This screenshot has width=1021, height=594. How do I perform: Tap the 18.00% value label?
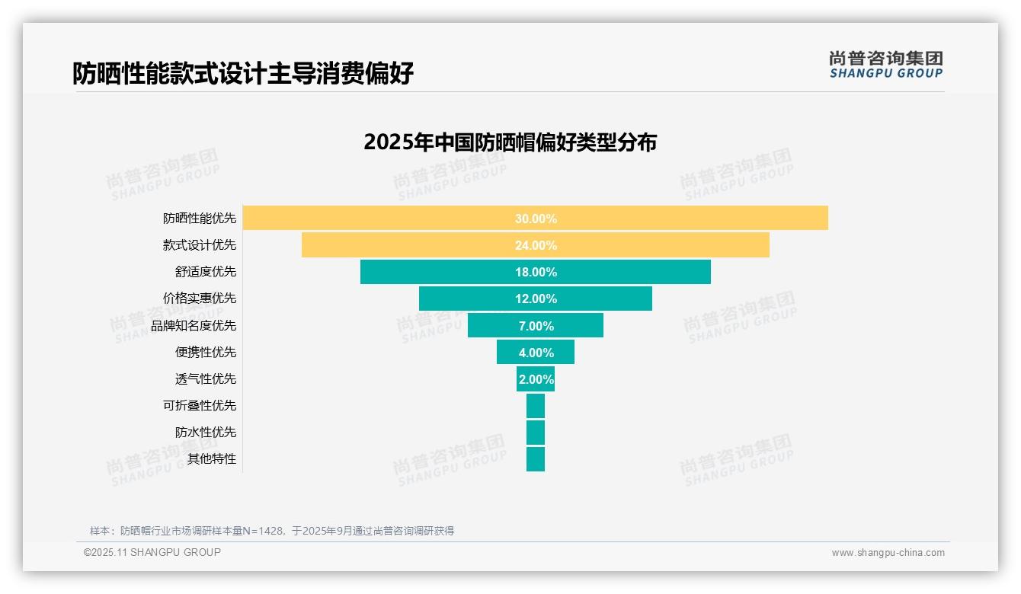[x=536, y=272]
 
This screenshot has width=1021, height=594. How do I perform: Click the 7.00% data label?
[x=536, y=326]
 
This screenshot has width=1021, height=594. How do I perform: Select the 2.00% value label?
[x=536, y=379]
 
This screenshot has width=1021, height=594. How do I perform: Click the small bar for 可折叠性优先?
[x=536, y=406]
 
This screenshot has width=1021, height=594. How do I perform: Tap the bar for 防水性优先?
[x=536, y=433]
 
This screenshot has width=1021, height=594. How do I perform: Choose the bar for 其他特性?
[x=536, y=459]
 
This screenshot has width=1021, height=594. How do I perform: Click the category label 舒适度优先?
[x=206, y=272]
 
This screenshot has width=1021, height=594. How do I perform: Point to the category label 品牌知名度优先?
[x=194, y=326]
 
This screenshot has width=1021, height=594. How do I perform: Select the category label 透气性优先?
[x=206, y=379]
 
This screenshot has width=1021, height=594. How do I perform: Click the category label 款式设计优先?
[x=200, y=245]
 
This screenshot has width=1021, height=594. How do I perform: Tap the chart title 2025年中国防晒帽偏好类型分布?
[x=510, y=142]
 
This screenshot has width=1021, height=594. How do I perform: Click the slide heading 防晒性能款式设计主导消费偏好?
[x=243, y=74]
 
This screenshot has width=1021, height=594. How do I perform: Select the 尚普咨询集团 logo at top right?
[x=885, y=64]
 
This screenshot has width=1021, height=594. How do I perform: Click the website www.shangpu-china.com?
[x=888, y=553]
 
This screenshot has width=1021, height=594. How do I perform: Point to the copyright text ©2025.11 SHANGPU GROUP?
[x=152, y=553]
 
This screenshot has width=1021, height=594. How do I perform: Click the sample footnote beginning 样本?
[x=272, y=531]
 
